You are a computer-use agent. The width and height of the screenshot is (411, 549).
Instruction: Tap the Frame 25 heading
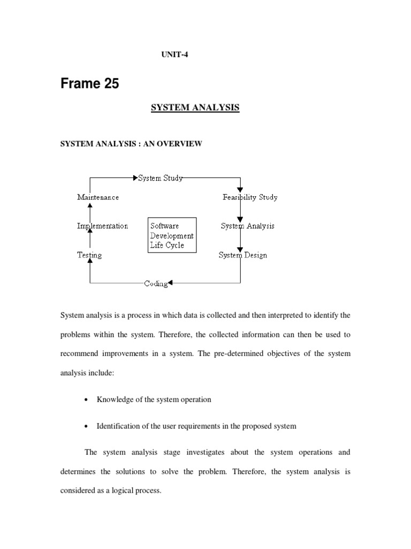tap(89, 84)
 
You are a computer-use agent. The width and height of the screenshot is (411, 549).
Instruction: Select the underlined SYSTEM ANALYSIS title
tap(195, 108)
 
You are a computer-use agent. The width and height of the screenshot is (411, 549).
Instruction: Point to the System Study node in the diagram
tap(161, 178)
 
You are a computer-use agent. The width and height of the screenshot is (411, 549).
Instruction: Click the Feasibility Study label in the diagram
tap(250, 197)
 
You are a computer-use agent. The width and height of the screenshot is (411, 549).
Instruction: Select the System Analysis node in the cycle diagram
tap(247, 226)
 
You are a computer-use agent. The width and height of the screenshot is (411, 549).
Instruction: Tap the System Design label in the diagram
tap(242, 255)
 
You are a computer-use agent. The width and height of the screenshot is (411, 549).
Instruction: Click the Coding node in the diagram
tap(156, 283)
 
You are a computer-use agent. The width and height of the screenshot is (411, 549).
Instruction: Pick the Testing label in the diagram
tap(89, 255)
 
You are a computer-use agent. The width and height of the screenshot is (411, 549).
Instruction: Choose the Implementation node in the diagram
tap(102, 226)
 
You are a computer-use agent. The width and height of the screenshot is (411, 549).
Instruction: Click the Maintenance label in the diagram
tap(98, 197)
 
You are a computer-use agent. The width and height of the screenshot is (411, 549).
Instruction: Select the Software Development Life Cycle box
tap(172, 235)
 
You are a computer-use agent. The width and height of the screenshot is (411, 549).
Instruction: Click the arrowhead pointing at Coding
tap(171, 283)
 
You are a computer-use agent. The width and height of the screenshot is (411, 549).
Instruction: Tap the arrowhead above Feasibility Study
tap(240, 189)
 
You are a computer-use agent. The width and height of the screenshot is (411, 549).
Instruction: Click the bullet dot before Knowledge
tap(87, 400)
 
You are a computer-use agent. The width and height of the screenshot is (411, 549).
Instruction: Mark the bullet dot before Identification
tap(87, 427)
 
